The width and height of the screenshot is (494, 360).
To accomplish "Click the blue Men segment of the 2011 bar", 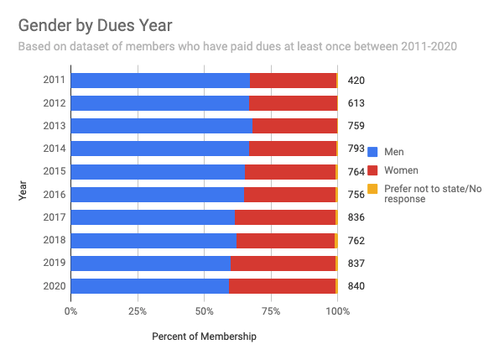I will coord(159,81).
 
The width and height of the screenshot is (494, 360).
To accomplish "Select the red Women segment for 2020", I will coord(282,286).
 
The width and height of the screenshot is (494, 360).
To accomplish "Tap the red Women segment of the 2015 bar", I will coord(289,172).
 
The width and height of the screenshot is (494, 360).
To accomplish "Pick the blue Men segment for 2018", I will coord(153,241).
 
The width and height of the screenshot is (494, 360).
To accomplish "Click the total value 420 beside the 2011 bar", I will coord(356,81).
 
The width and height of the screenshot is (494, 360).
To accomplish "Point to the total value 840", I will coord(356,286).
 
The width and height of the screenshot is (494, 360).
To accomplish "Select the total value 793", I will coord(356,149).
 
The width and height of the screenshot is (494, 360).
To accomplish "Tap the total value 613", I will coord(356,103).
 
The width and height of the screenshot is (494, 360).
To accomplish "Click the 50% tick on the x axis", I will coord(204,311).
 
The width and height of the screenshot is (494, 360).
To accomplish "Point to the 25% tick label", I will coord(138,311).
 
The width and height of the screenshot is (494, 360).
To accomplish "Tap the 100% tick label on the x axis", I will coord(337,311).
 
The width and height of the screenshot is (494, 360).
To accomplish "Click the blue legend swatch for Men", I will coord(374,152).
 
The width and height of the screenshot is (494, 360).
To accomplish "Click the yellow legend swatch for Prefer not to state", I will coord(374,189).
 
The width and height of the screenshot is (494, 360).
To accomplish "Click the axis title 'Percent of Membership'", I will coord(204,337).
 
